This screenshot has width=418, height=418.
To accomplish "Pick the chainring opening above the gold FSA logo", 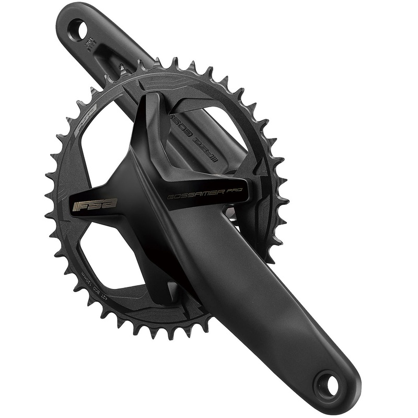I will coord(107,152).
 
